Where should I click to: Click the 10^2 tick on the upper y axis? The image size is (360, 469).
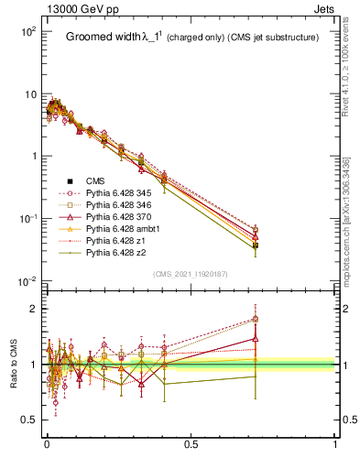(28, 32)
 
